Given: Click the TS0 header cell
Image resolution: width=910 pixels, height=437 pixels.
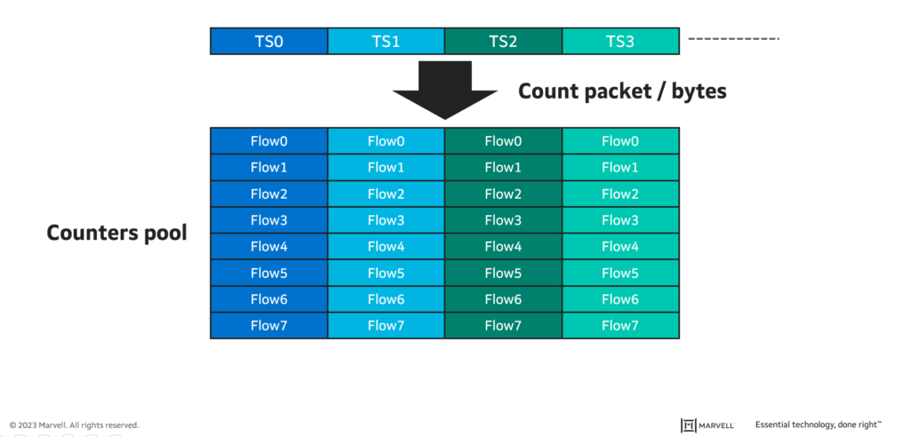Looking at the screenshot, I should point(268,41).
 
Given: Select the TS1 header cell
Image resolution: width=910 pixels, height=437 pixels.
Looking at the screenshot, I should point(386,41).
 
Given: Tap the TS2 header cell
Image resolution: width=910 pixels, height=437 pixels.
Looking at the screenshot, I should point(503,41).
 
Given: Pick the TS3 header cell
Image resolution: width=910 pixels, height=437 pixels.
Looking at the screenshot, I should point(620,41).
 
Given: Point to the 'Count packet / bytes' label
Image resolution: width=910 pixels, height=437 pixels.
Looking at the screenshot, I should point(622,91).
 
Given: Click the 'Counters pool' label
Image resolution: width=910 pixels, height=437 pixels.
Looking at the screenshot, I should point(116,234).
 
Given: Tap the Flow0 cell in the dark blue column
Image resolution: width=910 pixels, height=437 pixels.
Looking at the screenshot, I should point(268,140).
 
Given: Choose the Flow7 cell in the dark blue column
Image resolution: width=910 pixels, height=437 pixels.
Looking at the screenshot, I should point(268,325).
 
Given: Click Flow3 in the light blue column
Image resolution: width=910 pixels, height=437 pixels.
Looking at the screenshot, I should point(386,219).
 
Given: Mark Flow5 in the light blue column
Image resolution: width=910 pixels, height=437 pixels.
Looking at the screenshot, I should point(386,273).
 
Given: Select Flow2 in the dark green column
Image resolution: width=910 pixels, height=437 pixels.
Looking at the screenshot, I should point(503,194).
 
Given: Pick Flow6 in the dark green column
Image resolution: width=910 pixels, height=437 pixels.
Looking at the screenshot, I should point(503,299).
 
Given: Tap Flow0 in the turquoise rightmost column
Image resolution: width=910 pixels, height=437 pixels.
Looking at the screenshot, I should point(620,140).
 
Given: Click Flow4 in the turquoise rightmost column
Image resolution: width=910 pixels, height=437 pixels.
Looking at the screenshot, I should point(620,246).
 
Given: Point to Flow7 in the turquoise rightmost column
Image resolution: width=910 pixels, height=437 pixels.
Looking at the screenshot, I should point(620,325).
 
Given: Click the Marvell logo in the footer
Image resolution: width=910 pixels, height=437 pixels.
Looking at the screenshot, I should point(707,425).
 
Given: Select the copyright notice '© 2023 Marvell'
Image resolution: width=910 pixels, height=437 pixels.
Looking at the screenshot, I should point(75,425).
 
